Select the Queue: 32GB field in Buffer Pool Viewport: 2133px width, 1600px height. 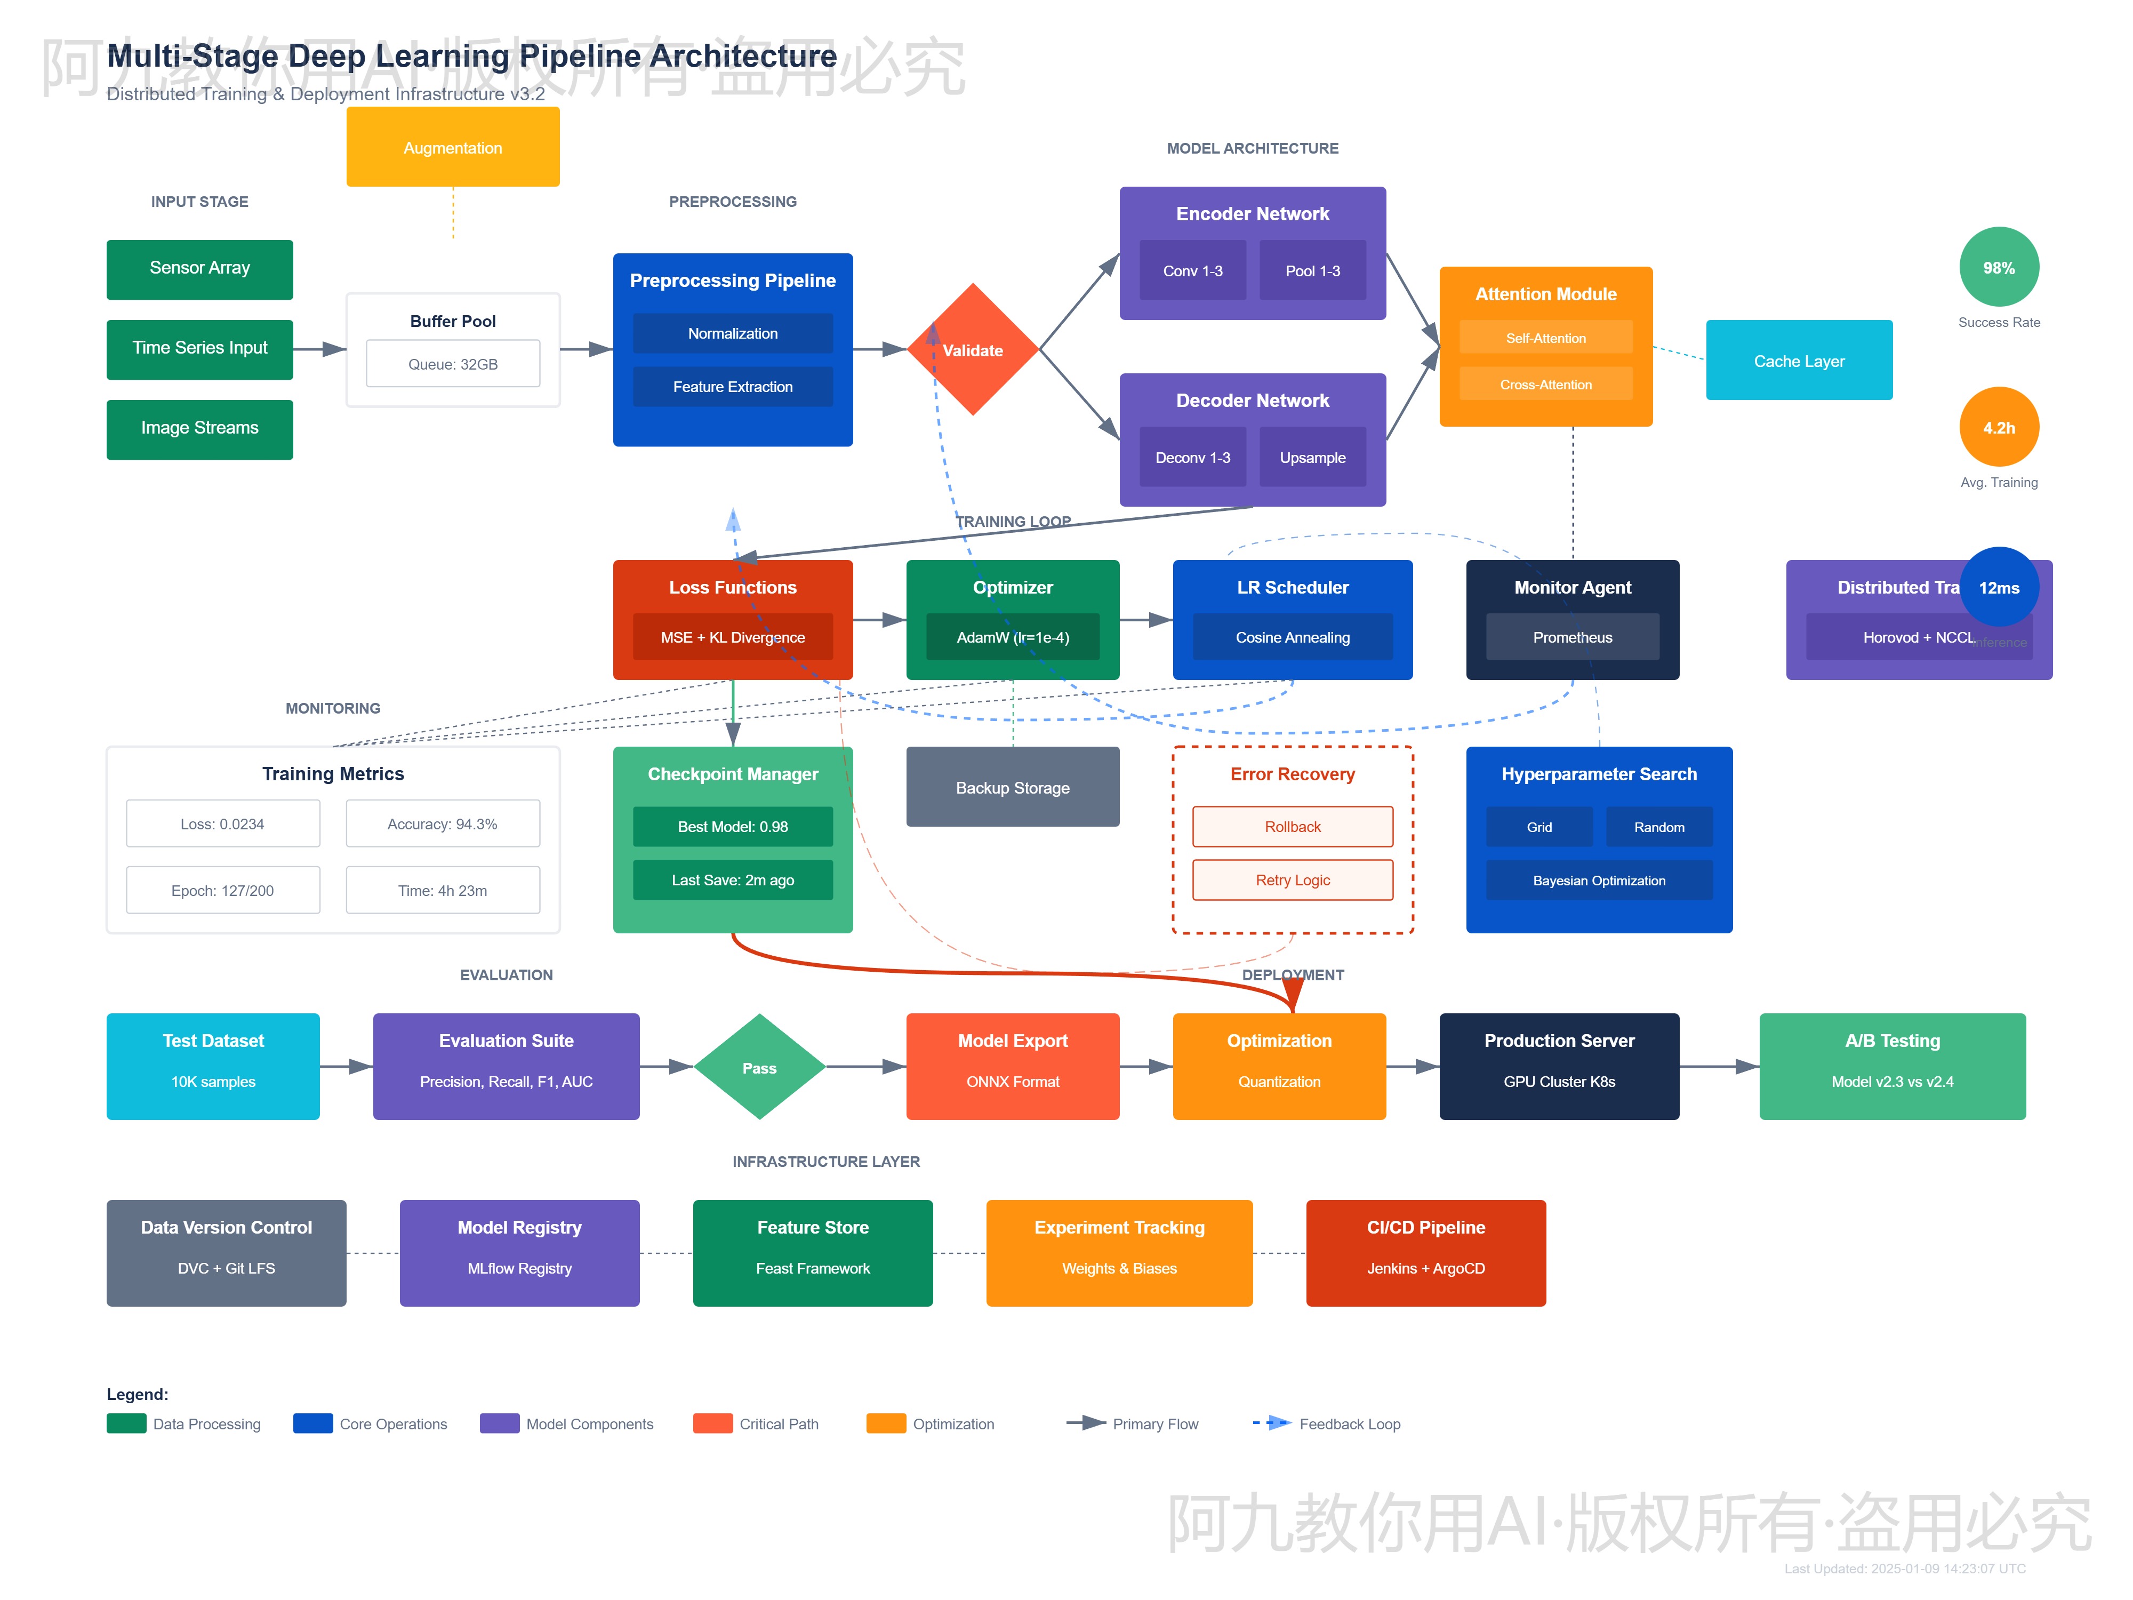(x=452, y=364)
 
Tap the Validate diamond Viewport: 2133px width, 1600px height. (x=973, y=349)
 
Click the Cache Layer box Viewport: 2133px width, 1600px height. (x=1799, y=360)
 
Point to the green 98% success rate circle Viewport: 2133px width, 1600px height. (x=1998, y=267)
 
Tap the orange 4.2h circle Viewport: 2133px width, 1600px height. (x=1998, y=427)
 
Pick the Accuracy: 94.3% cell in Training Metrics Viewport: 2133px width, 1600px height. (x=443, y=823)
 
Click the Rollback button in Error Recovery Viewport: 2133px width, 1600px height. (x=1292, y=827)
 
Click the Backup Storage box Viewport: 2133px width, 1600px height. (x=1013, y=787)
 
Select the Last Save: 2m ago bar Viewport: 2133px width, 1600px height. (x=733, y=879)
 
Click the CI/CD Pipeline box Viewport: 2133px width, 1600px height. (x=1425, y=1252)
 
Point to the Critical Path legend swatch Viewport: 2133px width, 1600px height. (x=712, y=1423)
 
